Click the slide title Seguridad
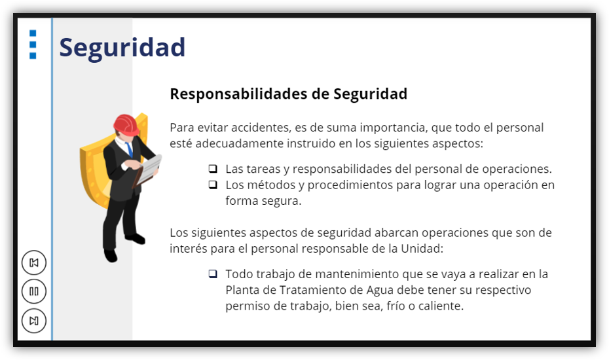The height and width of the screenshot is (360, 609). click(122, 48)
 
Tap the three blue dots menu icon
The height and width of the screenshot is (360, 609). click(33, 45)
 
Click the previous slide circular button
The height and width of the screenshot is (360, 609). click(34, 262)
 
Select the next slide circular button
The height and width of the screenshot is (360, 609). click(34, 321)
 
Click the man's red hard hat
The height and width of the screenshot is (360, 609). click(126, 124)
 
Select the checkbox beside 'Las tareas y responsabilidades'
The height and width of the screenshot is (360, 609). click(213, 168)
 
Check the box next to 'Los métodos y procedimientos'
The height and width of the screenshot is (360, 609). click(213, 185)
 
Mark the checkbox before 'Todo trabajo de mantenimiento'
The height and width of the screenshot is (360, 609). click(213, 274)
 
